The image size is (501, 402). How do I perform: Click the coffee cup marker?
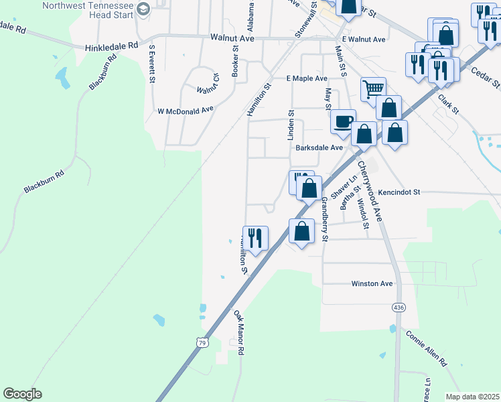[x=343, y=121]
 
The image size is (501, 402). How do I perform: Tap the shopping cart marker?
[x=373, y=88]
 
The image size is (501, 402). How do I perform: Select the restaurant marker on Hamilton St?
[x=255, y=237]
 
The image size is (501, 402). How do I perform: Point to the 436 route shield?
[x=399, y=306]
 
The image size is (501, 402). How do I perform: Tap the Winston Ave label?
[x=372, y=283]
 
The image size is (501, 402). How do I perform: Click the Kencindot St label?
[x=398, y=192]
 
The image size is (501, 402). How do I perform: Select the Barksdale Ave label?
[x=319, y=147]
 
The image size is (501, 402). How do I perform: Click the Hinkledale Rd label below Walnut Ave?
[x=111, y=47]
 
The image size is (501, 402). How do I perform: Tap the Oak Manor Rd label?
[x=238, y=332]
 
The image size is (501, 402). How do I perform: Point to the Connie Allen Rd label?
[x=425, y=348]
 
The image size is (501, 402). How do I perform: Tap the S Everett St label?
[x=152, y=64]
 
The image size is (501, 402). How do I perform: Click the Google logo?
[x=23, y=394]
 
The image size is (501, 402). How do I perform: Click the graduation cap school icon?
[x=143, y=9]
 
